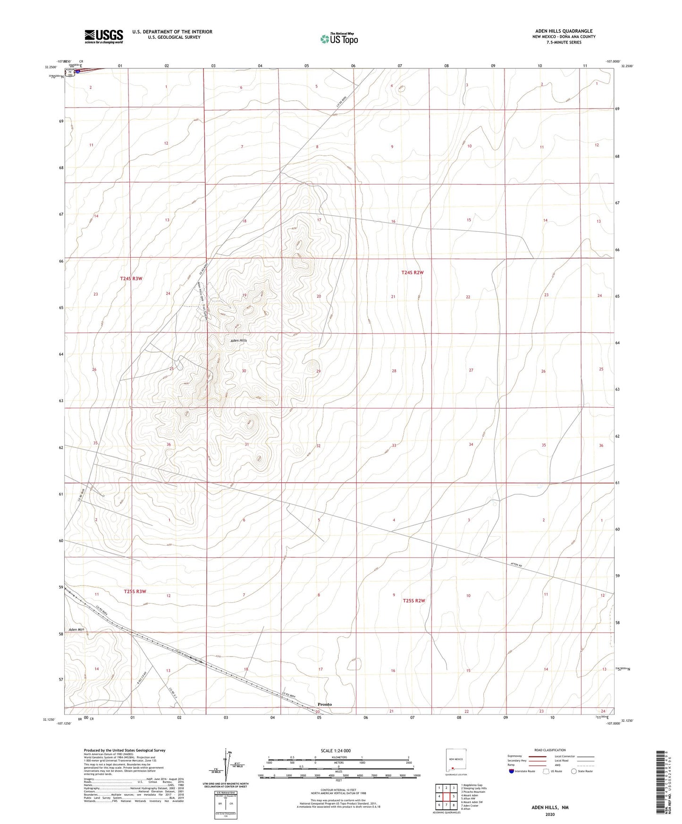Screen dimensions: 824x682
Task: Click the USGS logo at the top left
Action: [104, 36]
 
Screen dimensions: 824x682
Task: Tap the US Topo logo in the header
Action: [338, 39]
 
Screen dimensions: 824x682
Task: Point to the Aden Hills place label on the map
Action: [238, 340]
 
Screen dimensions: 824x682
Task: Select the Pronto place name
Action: [324, 704]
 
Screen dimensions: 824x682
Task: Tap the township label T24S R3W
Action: [131, 278]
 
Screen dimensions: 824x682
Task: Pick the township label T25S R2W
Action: [414, 601]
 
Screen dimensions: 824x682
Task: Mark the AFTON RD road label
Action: [517, 564]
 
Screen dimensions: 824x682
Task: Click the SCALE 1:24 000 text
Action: [336, 750]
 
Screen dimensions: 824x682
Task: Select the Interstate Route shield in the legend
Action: [512, 771]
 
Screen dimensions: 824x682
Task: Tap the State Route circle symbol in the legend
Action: [574, 771]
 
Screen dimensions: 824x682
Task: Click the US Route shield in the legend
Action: [547, 771]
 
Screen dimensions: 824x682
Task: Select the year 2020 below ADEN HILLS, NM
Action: [550, 814]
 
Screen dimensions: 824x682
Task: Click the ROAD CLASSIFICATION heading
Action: [550, 750]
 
